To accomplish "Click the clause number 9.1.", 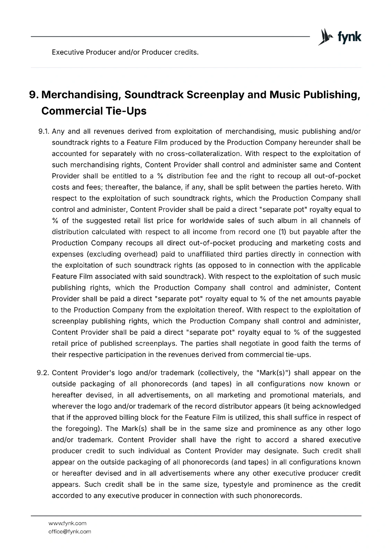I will coord(44,131).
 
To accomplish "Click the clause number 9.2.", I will coord(44,373).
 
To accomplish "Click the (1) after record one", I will coord(282,232).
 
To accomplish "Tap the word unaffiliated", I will coord(206,254).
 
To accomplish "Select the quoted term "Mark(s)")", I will coord(273,373).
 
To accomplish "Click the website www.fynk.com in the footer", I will coord(67,523).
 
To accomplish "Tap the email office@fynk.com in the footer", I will coord(70,531).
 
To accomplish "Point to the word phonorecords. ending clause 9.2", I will coord(278,495).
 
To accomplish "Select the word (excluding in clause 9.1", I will coord(103,254).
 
